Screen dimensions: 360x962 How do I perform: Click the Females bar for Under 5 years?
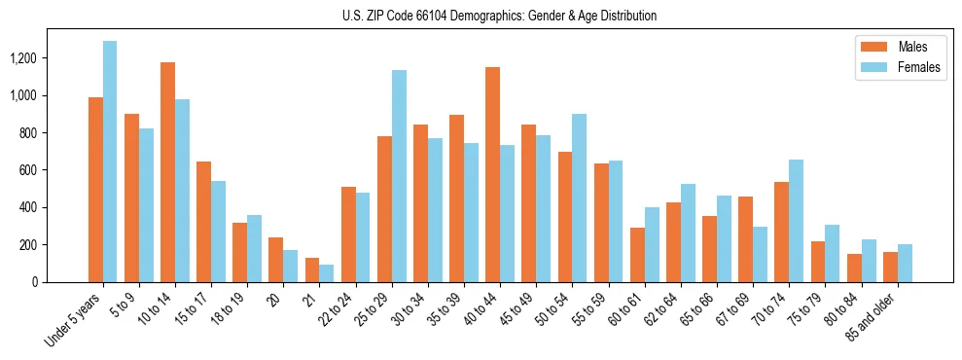(110, 162)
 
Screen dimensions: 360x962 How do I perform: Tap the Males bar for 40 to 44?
(492, 174)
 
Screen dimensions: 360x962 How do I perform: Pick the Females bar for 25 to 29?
(399, 176)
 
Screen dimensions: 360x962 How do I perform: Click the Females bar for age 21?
(327, 273)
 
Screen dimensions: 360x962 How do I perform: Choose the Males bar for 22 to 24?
(348, 234)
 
